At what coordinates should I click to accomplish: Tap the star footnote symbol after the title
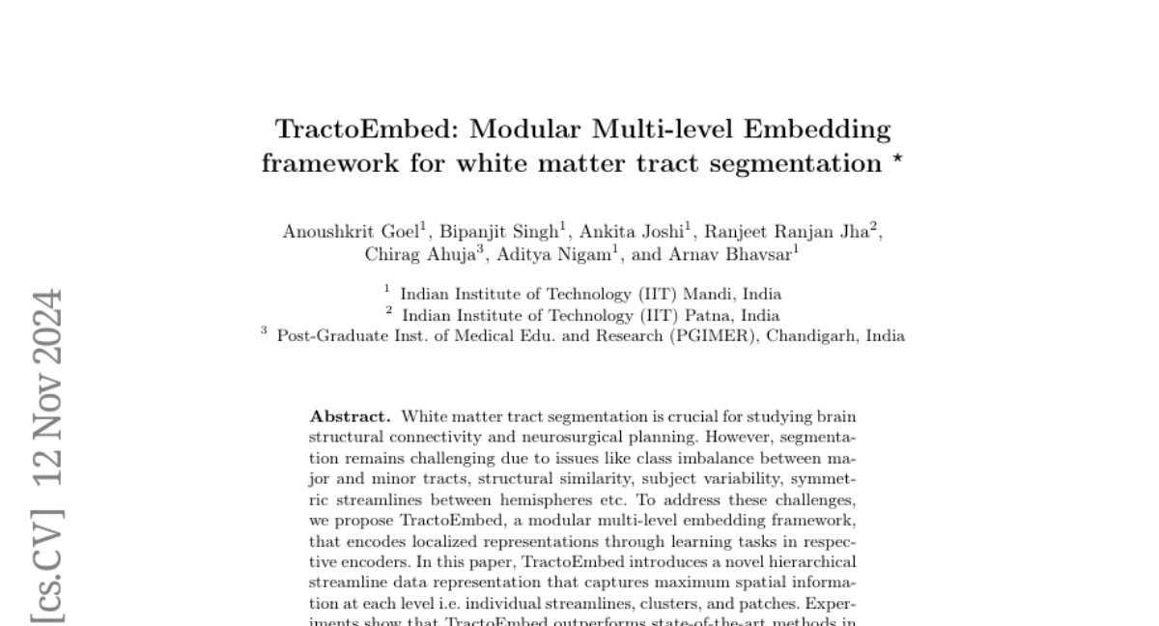click(x=897, y=160)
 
